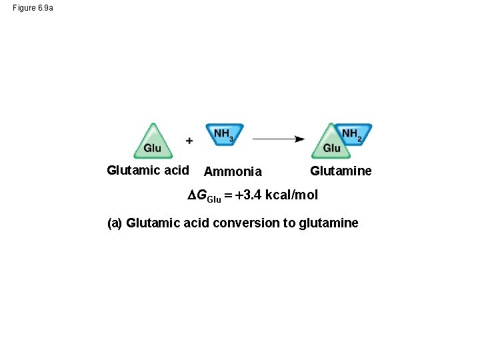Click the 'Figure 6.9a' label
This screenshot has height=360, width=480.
click(33, 8)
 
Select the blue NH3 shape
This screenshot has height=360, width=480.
click(224, 134)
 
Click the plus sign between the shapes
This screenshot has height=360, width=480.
click(189, 141)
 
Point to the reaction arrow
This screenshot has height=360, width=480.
click(278, 139)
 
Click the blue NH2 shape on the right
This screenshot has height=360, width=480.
click(353, 134)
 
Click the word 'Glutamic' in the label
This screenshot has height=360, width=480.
click(134, 170)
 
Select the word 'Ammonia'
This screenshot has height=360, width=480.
click(233, 171)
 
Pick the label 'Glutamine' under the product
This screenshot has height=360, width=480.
click(341, 171)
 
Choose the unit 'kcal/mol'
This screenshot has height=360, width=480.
click(291, 195)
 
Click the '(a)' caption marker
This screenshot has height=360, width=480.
click(115, 223)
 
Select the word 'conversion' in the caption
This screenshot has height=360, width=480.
click(246, 223)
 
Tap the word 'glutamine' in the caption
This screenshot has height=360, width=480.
click(329, 223)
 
